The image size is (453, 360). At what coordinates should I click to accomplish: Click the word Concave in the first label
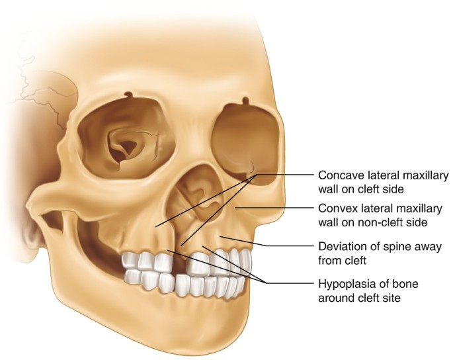pyautogui.click(x=339, y=175)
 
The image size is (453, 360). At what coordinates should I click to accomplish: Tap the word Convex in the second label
pyautogui.click(x=335, y=208)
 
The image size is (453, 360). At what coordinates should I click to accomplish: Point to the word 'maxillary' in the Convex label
pyautogui.click(x=416, y=208)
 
